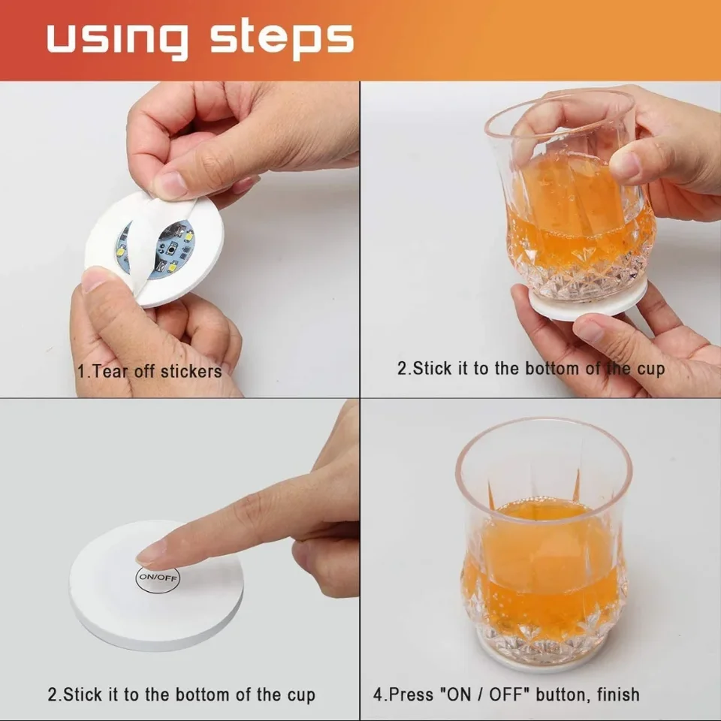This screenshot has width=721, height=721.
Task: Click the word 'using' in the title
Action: tap(118, 38)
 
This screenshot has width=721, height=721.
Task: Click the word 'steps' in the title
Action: tap(282, 38)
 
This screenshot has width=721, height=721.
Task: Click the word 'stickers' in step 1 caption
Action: tap(189, 371)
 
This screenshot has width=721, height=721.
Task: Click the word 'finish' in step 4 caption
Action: tap(618, 694)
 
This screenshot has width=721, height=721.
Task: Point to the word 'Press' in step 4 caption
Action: tap(411, 694)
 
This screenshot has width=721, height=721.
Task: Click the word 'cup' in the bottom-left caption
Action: tap(301, 695)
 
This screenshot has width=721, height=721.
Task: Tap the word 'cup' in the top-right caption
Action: tap(650, 370)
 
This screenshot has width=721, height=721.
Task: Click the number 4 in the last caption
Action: tap(378, 694)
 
